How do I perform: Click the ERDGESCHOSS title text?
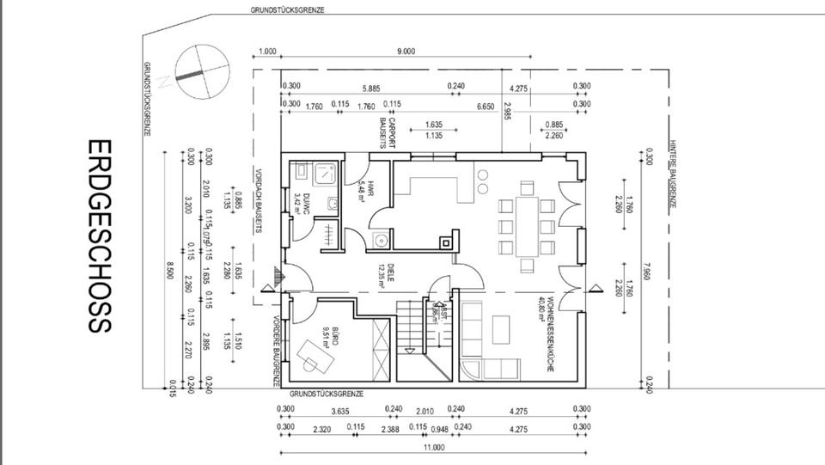tap(99, 236)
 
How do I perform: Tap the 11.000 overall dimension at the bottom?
tap(434, 447)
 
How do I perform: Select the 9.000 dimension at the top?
tap(406, 52)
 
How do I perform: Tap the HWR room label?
tap(363, 190)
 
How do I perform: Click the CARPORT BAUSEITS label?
tap(388, 135)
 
